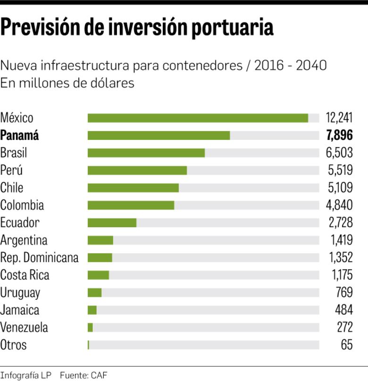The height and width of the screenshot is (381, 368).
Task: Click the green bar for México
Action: [x=198, y=118]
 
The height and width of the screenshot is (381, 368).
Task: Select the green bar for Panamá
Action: [x=159, y=136]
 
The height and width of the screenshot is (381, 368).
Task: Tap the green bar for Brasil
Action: [x=146, y=153]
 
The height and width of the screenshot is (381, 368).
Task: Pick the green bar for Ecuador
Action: [x=112, y=223]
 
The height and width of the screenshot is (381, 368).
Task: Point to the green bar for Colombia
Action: [x=131, y=205]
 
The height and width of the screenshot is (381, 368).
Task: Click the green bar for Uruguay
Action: [x=94, y=293]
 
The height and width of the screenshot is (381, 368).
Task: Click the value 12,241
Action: [x=339, y=118]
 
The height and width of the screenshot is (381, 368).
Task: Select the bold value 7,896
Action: [x=339, y=136]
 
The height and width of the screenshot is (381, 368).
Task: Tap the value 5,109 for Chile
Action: [x=340, y=188]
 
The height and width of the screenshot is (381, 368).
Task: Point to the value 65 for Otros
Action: [x=346, y=345]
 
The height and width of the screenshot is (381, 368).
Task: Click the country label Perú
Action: [x=11, y=170]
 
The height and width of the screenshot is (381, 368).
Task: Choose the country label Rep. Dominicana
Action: [x=39, y=258]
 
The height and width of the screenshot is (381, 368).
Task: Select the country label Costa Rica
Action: [x=25, y=275]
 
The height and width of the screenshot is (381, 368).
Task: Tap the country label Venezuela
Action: [x=24, y=328]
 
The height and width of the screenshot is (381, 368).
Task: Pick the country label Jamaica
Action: [x=20, y=310]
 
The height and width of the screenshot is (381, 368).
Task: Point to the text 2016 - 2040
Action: [x=290, y=66]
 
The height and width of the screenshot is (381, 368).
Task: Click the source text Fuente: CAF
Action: [x=84, y=376]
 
